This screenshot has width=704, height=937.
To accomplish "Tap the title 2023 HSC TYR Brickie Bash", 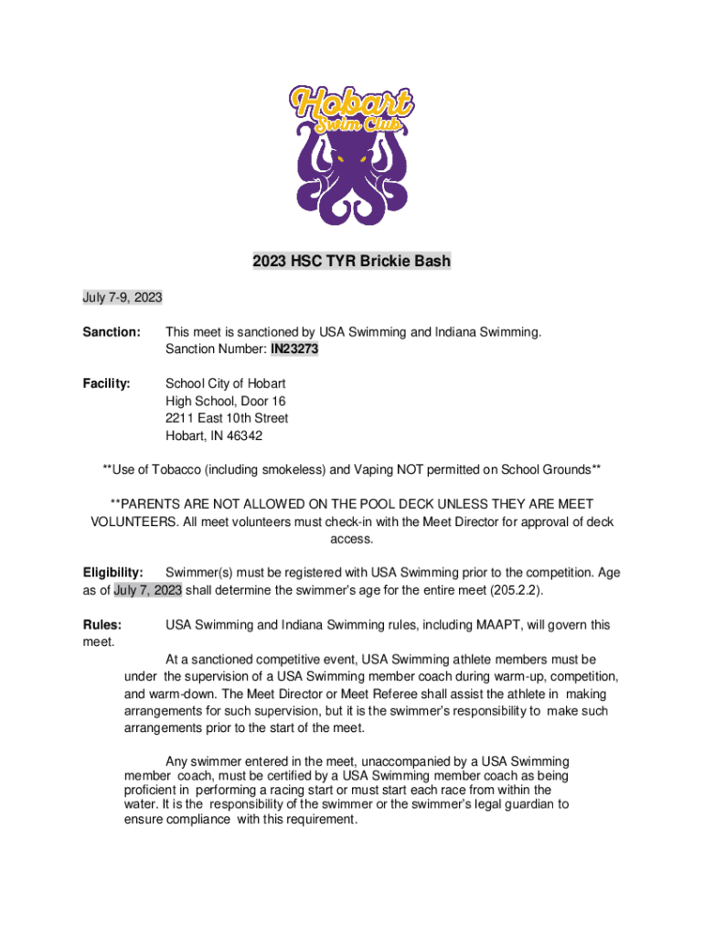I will click(x=351, y=262).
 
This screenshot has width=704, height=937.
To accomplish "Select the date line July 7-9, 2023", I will click(x=123, y=297).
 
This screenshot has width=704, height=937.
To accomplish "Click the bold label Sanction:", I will click(x=112, y=331).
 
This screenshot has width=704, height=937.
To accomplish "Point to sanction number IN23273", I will click(x=294, y=349).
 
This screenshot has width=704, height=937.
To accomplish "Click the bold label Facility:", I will click(x=107, y=383).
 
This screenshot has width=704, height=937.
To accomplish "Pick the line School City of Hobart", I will click(x=225, y=383).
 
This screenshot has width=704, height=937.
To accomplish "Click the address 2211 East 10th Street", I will click(x=227, y=418).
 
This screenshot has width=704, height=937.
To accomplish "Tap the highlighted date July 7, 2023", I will click(x=147, y=590).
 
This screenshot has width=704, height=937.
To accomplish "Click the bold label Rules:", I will click(x=102, y=625).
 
